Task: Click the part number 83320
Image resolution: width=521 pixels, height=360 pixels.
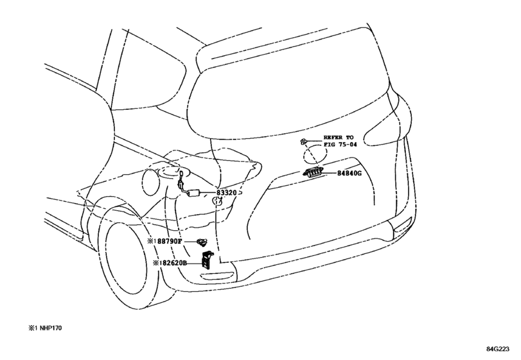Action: click(x=227, y=192)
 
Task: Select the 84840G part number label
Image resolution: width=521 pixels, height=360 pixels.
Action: click(x=349, y=173)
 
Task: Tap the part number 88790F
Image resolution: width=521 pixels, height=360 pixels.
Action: click(x=170, y=241)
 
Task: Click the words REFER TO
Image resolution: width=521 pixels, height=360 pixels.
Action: click(x=339, y=138)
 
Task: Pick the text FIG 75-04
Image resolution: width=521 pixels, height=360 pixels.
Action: click(x=340, y=145)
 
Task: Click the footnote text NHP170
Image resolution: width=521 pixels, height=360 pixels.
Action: click(x=51, y=328)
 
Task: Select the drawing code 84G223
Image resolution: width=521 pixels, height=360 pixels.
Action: click(x=498, y=349)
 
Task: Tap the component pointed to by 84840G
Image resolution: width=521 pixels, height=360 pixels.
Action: click(x=313, y=172)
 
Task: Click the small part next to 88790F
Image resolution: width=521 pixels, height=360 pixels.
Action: click(x=201, y=242)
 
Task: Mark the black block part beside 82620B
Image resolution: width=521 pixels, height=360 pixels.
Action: click(x=208, y=259)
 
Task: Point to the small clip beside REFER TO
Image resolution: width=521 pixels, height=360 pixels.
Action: click(x=303, y=141)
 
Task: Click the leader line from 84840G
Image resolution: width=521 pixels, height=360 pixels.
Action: click(x=330, y=173)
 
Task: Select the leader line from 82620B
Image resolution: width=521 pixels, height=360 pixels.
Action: click(x=195, y=263)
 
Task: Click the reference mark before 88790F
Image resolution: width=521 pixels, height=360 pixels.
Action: click(x=152, y=241)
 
